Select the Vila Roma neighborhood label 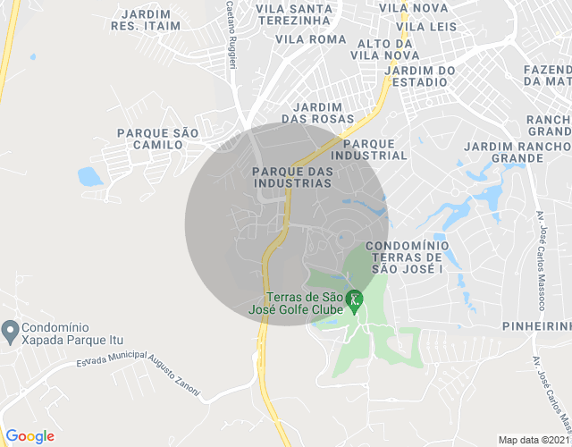click(x=310, y=39)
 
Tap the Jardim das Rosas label click(x=317, y=113)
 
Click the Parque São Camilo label click(x=157, y=139)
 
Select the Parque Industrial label click(x=374, y=148)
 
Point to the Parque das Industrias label click(x=292, y=177)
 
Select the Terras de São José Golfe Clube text click(x=304, y=304)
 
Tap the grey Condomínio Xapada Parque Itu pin click(x=10, y=333)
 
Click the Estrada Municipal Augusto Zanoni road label click(x=139, y=369)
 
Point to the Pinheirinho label click(x=536, y=326)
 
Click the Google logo click(x=29, y=436)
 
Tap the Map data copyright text click(x=533, y=440)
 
